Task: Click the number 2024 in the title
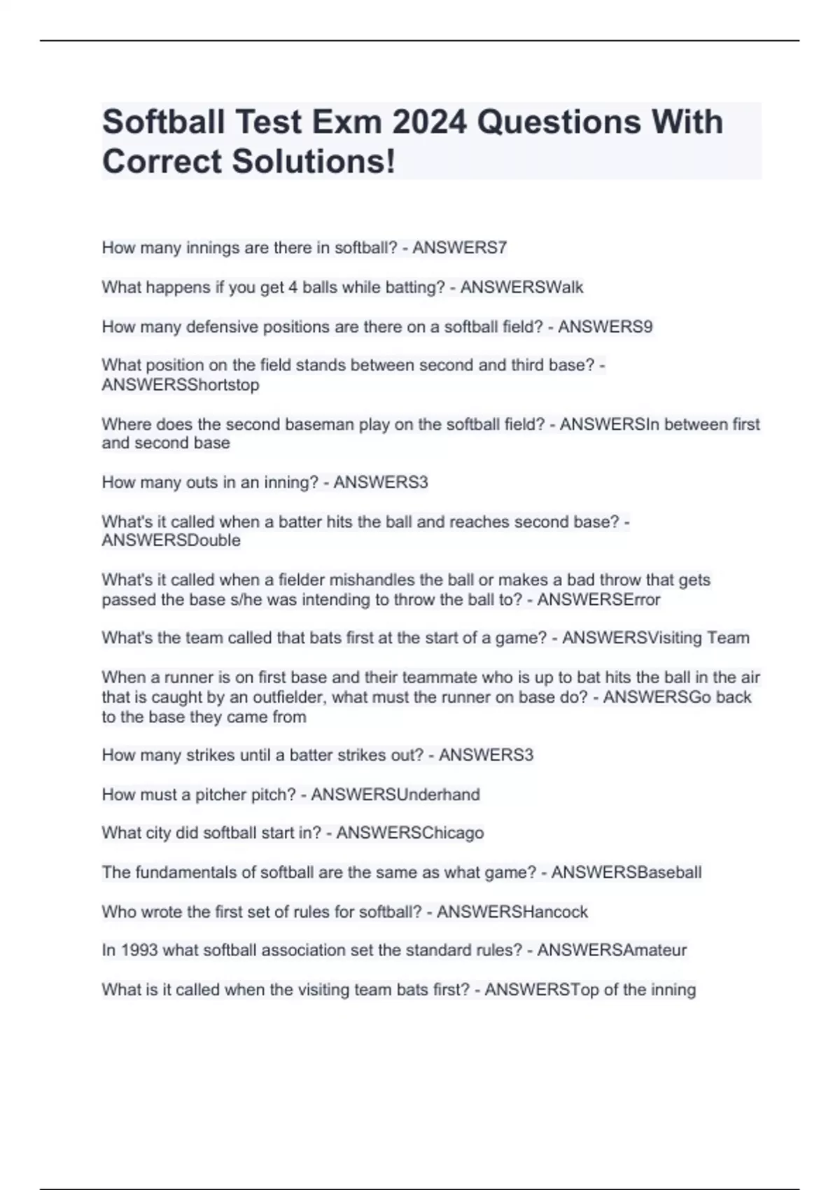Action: coord(429,122)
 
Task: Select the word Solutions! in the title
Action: coord(314,161)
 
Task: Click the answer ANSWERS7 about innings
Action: coord(460,248)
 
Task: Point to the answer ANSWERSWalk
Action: coord(521,287)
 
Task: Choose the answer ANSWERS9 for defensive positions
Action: coord(605,327)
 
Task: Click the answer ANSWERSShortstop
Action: coord(181,385)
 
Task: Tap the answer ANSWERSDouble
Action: coord(171,540)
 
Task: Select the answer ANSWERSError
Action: coord(598,600)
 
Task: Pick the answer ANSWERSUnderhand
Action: coord(395,794)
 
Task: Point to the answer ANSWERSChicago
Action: coord(410,833)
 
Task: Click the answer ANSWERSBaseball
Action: coord(626,872)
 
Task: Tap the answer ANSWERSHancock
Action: coord(512,912)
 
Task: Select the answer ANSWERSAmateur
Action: coord(612,950)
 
